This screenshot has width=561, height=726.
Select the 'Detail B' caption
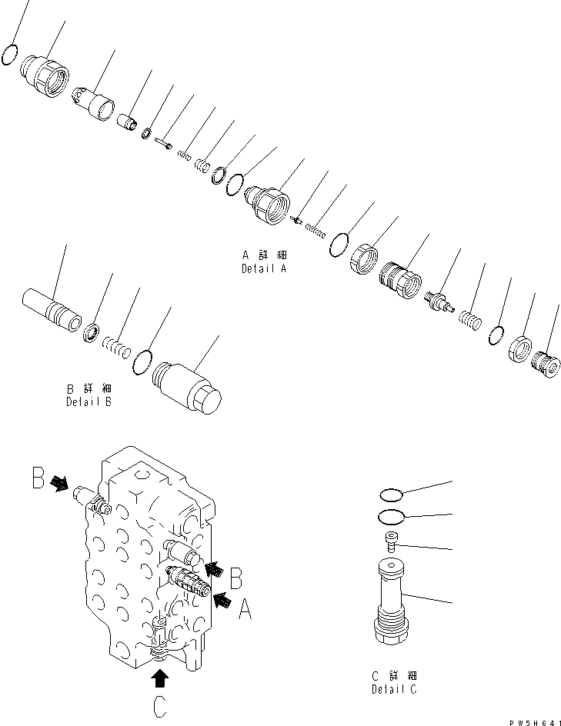tap(88, 402)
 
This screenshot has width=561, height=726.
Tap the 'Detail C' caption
tap(393, 688)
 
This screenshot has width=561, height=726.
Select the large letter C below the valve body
tap(159, 706)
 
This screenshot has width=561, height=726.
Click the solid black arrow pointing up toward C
tap(159, 678)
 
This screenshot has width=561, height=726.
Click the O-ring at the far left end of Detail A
tap(10, 55)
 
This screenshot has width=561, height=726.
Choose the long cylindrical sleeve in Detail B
tap(52, 311)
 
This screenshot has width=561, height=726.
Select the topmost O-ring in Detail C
tap(392, 495)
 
